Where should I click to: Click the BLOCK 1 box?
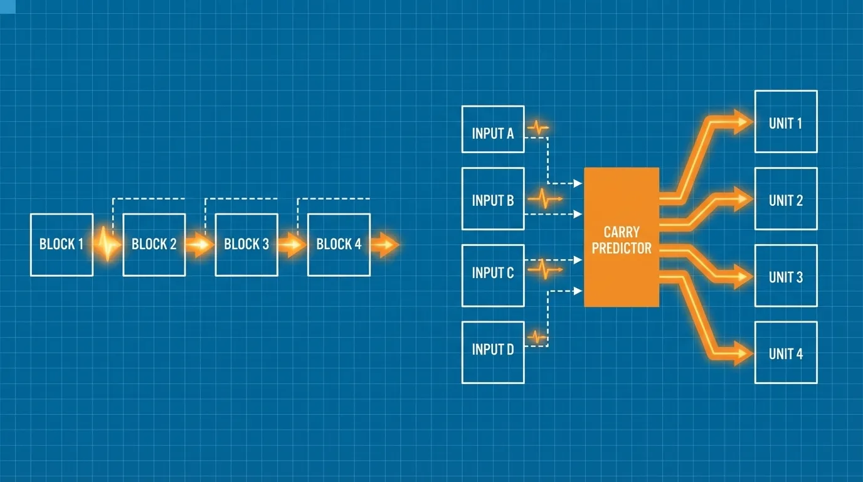click(61, 245)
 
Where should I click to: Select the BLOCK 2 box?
click(154, 245)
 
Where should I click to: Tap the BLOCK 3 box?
click(246, 245)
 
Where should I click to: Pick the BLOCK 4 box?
click(339, 245)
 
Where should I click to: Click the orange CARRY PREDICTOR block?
click(622, 237)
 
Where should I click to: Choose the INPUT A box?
click(493, 129)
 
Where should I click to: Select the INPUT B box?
click(493, 198)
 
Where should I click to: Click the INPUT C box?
click(493, 276)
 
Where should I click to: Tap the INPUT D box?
click(493, 353)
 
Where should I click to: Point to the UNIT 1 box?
click(786, 122)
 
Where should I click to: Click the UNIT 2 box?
click(786, 198)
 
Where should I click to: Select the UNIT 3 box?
click(786, 276)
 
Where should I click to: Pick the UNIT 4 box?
click(786, 353)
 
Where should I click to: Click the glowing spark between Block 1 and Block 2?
click(107, 244)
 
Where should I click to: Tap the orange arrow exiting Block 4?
click(385, 245)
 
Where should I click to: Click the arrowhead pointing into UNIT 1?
click(741, 122)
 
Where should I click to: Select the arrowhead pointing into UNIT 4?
click(741, 353)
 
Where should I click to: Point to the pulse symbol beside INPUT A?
click(538, 127)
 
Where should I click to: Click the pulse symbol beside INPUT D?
click(537, 338)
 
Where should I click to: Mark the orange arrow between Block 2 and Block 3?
click(200, 245)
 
